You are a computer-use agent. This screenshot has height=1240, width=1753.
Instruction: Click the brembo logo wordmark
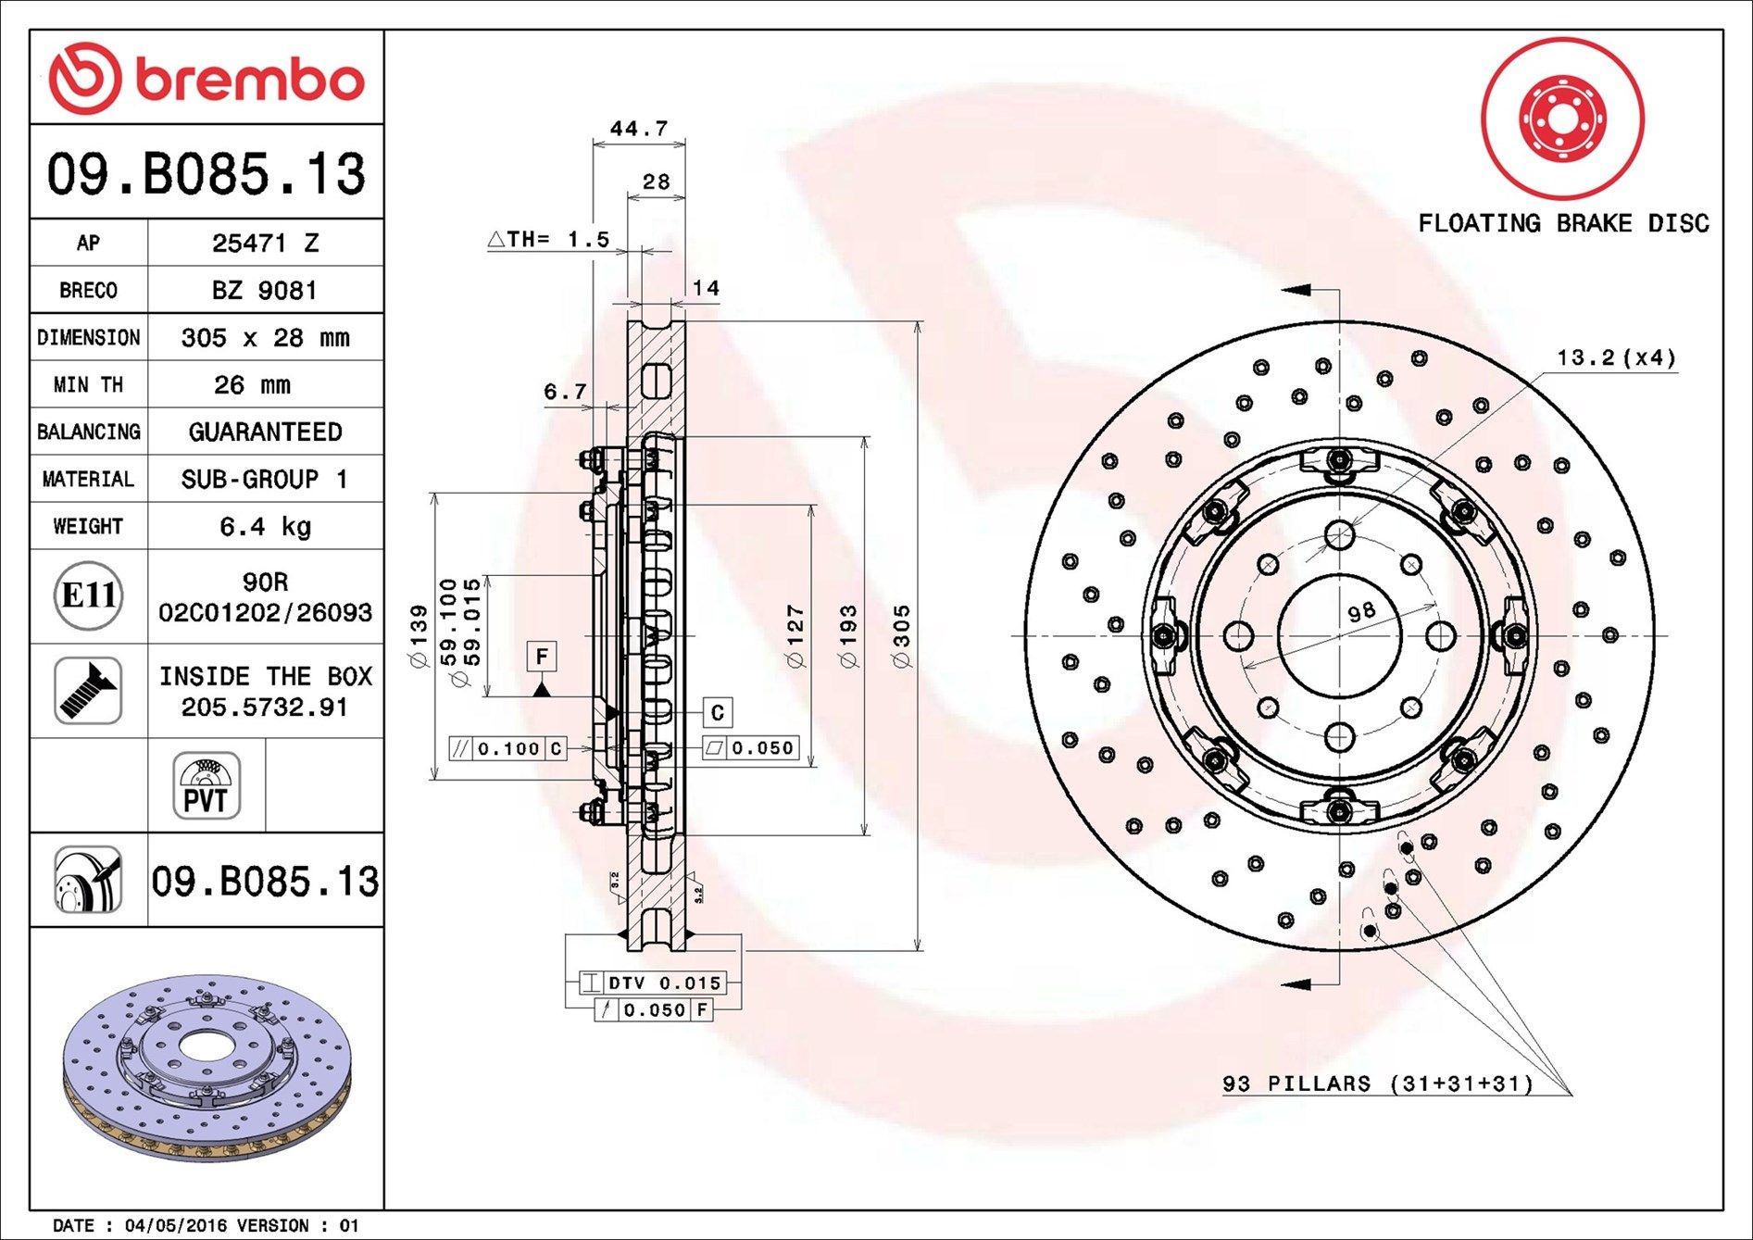click(x=248, y=81)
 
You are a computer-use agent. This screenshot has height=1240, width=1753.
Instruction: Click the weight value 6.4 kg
click(x=265, y=527)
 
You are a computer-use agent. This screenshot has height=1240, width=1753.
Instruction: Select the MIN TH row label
click(x=88, y=384)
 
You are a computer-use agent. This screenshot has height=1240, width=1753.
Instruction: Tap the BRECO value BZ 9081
click(x=265, y=290)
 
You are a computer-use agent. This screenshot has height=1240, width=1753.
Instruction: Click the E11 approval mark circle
click(x=88, y=595)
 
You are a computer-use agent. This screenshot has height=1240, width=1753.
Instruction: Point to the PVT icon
click(x=206, y=785)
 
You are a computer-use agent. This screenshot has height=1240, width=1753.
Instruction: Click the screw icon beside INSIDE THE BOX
click(x=88, y=691)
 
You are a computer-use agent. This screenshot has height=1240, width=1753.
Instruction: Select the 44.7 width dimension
click(x=638, y=129)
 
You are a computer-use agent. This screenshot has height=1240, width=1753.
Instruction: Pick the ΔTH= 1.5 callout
click(x=549, y=240)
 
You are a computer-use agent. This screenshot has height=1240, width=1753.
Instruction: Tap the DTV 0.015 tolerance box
click(x=663, y=983)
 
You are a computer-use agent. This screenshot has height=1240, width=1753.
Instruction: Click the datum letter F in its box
click(x=542, y=657)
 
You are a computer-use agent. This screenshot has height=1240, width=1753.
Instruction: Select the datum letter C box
click(x=717, y=712)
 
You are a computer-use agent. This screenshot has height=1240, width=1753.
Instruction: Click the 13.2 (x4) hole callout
click(x=1616, y=357)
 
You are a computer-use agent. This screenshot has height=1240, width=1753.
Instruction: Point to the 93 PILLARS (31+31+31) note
click(x=1377, y=1083)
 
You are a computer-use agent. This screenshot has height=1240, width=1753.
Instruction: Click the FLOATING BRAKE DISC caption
click(x=1562, y=223)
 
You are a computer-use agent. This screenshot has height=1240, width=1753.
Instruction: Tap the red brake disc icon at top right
click(x=1562, y=119)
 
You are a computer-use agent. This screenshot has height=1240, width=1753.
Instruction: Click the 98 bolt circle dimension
click(x=1360, y=612)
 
